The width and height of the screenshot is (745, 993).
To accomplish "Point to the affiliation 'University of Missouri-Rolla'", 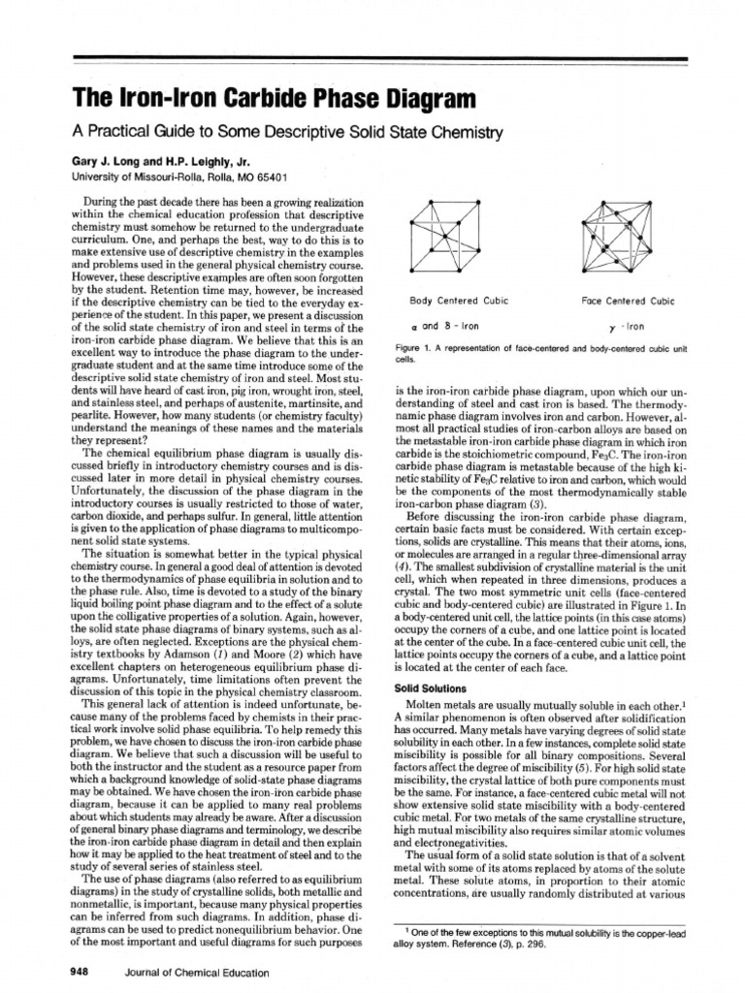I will click(x=178, y=177).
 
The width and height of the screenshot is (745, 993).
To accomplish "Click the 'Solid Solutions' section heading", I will click(x=424, y=688).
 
